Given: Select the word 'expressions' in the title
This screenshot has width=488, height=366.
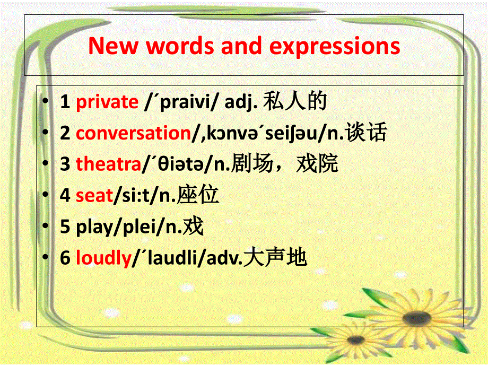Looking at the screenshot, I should [x=335, y=46].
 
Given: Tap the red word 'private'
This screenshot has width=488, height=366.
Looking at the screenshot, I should [x=107, y=102].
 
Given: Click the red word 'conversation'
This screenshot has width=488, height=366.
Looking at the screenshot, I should [x=133, y=133].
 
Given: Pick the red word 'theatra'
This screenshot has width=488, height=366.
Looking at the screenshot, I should [x=108, y=164].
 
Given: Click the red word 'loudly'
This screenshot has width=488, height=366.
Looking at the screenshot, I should [x=103, y=258].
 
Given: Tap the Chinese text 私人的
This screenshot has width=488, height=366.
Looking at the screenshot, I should [x=294, y=101].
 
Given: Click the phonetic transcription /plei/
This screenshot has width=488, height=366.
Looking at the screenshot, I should [x=140, y=228].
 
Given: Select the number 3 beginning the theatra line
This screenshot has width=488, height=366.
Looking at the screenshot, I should [x=65, y=164].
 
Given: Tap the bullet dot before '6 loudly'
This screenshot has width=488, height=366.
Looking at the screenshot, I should [x=48, y=258].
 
